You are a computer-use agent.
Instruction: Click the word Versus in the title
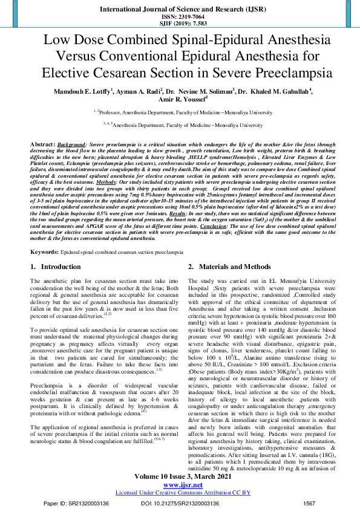tap(77, 57)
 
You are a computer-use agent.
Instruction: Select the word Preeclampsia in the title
tap(291, 73)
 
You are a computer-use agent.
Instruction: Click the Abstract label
tap(42, 146)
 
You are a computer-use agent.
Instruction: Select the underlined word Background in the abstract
tap(71, 146)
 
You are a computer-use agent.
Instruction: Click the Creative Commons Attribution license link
tap(182, 493)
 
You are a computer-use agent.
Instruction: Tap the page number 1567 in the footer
tap(309, 503)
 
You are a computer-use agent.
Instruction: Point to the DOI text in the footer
tap(182, 503)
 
